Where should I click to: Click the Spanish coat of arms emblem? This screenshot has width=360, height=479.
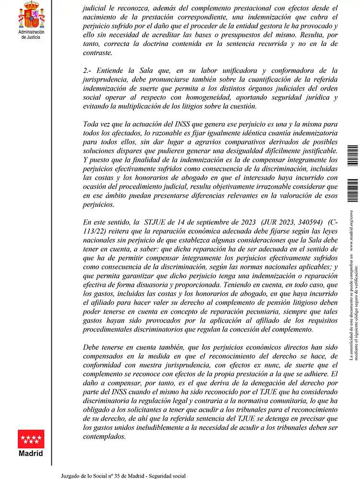point(30,15)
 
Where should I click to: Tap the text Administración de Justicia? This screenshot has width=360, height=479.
point(31,35)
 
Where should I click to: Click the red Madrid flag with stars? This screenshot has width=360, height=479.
point(31,439)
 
